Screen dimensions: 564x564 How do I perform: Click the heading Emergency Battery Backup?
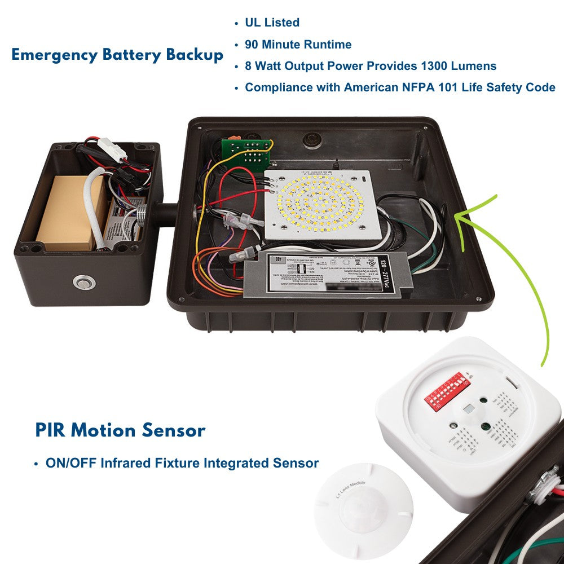(117, 55)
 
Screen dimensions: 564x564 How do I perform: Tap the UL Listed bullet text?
(272, 23)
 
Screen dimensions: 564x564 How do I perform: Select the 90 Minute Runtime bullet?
(298, 45)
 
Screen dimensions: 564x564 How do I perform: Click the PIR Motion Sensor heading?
(120, 430)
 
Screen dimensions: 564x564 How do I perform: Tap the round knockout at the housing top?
(310, 139)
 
